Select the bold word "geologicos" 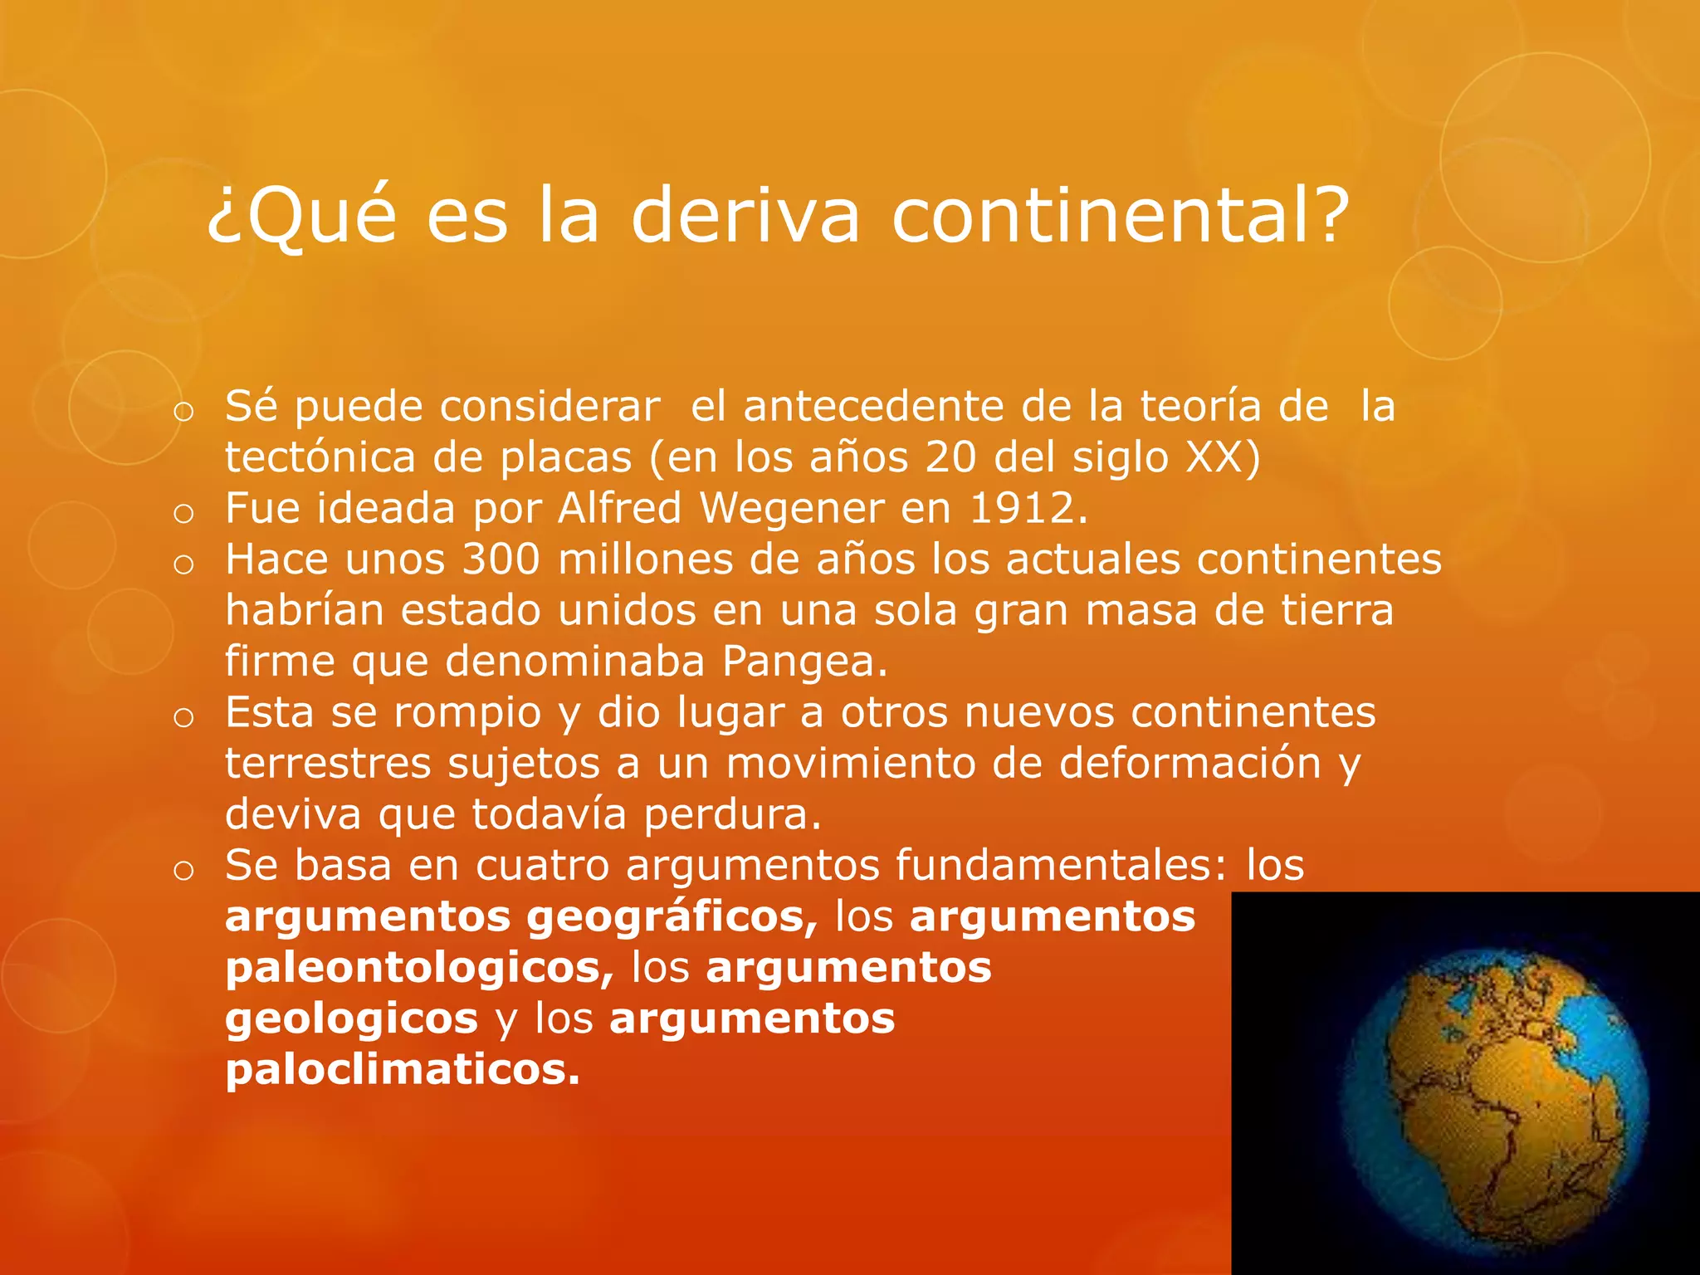coord(351,1019)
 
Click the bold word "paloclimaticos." coord(403,1069)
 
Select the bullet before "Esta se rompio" coord(183,717)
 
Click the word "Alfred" coord(620,508)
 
